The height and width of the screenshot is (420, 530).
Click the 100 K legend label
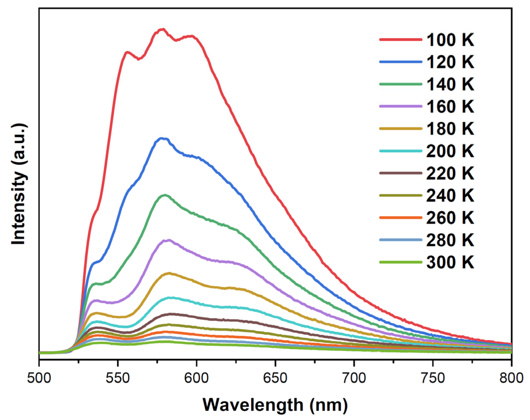tap(450, 40)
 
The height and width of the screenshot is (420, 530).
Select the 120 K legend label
tap(450, 62)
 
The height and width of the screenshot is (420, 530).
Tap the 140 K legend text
tap(450, 84)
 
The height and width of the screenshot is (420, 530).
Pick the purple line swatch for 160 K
tap(400, 106)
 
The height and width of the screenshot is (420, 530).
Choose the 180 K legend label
tap(450, 129)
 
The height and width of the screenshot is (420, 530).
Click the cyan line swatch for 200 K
tap(400, 151)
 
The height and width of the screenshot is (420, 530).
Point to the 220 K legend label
tap(450, 173)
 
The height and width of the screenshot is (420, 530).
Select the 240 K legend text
tap(450, 195)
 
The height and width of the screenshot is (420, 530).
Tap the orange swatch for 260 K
tap(400, 218)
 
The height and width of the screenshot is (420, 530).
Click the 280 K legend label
tap(450, 240)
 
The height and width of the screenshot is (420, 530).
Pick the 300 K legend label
tap(450, 262)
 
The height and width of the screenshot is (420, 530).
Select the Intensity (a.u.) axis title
tap(19, 184)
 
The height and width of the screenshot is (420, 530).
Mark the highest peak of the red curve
tap(162, 29)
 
